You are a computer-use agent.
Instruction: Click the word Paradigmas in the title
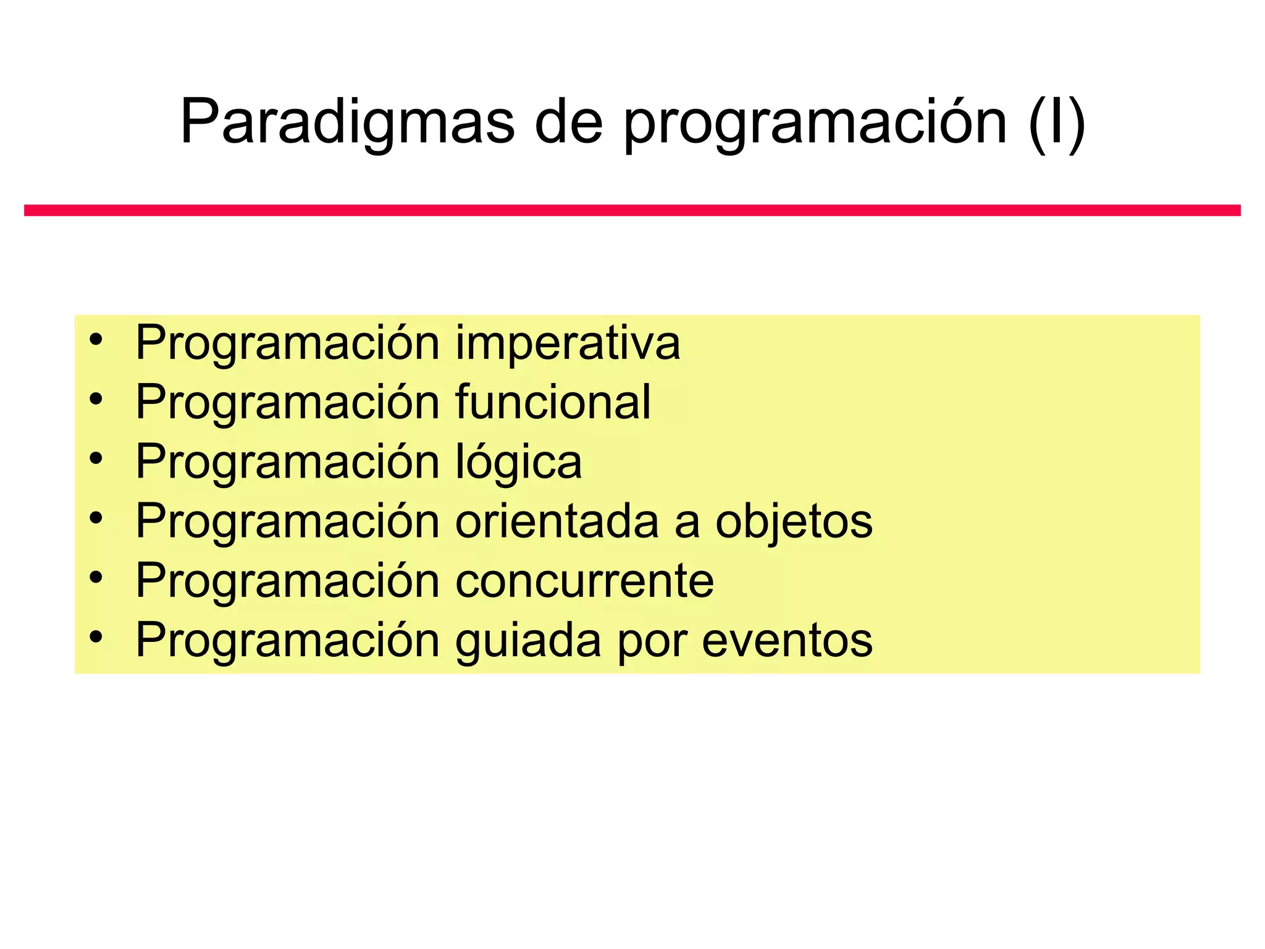[347, 122]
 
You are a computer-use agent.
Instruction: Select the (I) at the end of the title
[1057, 122]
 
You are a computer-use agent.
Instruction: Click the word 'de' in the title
[568, 122]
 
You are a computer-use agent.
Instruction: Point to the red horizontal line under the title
[632, 211]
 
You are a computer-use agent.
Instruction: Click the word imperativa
[568, 344]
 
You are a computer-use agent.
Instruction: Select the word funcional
[553, 402]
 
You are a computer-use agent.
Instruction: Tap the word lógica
[518, 462]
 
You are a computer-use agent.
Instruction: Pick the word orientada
[557, 521]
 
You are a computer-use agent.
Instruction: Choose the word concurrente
[584, 581]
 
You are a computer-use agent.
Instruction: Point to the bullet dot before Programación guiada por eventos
[95, 636]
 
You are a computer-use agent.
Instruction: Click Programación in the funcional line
[287, 402]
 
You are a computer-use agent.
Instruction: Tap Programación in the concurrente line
[287, 581]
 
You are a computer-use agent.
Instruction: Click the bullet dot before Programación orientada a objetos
[95, 518]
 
